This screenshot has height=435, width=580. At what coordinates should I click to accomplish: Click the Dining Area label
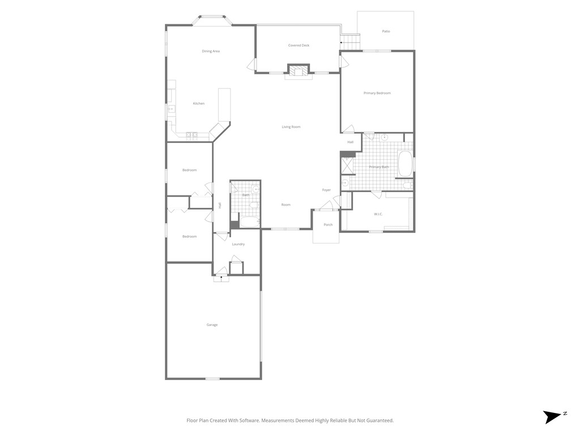tap(211, 52)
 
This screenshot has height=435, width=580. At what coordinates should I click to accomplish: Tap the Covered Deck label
tap(298, 45)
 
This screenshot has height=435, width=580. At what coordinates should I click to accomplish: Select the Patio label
tap(386, 31)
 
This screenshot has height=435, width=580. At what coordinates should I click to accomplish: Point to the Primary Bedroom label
tap(377, 93)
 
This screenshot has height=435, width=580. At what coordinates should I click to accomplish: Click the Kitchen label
tap(198, 104)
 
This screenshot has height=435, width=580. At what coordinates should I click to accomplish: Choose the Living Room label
tap(291, 127)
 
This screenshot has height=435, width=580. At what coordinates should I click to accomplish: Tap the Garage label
tap(212, 325)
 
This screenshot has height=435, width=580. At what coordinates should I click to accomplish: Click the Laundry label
tap(238, 244)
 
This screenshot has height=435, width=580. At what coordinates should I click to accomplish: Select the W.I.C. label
tap(378, 214)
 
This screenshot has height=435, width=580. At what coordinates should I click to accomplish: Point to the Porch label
tap(328, 225)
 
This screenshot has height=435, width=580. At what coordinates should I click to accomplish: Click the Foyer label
tap(326, 190)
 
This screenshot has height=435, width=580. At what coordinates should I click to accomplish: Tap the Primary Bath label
tap(378, 167)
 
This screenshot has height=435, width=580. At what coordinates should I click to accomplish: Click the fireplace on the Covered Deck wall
tap(298, 71)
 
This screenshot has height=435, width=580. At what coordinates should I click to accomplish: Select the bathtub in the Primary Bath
tap(405, 164)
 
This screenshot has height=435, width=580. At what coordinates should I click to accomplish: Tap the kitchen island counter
tap(224, 105)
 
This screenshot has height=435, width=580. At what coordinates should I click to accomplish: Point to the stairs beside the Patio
tap(351, 41)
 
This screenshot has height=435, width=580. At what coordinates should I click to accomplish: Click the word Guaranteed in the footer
tap(379, 420)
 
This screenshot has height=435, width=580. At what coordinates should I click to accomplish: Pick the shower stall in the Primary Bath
tap(346, 165)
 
